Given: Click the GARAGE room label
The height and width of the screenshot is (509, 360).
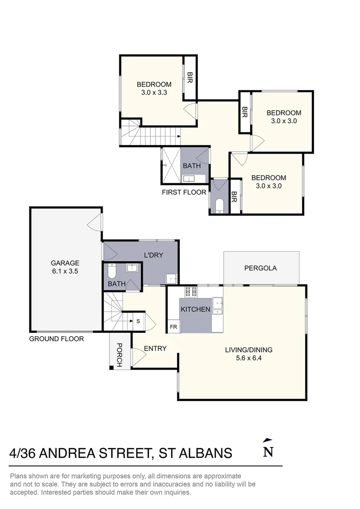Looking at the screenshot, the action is coord(65,263).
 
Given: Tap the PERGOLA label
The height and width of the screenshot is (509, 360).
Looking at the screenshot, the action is coord(261,268).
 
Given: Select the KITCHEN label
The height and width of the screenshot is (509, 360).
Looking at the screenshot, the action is coord(196,309).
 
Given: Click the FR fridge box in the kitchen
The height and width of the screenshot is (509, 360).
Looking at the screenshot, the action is coord(173,327).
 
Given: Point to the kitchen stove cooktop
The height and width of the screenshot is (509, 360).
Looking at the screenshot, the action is coord(190,292).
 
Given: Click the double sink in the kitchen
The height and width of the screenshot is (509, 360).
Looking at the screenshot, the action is coord(218,306).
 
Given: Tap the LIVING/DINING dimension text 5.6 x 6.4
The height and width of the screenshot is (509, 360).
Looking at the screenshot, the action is coord(249,358).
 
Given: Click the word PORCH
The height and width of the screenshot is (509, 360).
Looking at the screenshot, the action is coord(119,355).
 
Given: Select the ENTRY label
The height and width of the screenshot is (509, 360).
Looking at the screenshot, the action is coord(155,348).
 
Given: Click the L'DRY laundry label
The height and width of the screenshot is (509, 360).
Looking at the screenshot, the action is coord(154,255).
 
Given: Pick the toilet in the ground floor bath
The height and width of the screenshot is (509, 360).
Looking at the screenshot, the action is coord(111,271).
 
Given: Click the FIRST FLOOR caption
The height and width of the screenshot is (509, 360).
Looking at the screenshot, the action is coord(184,192).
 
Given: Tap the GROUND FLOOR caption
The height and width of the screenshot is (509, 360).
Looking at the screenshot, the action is coord(57,339).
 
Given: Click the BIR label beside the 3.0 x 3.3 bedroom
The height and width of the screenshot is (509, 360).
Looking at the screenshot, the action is coord(190,77).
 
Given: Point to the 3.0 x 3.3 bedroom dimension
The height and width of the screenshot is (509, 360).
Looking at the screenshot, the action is coord(154,92).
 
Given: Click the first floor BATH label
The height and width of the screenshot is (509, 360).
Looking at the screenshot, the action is coord(191,166).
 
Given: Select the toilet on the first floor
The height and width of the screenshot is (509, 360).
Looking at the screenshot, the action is coord(220,205).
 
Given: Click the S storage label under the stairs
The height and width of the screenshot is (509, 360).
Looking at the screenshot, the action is coord(138,321).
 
